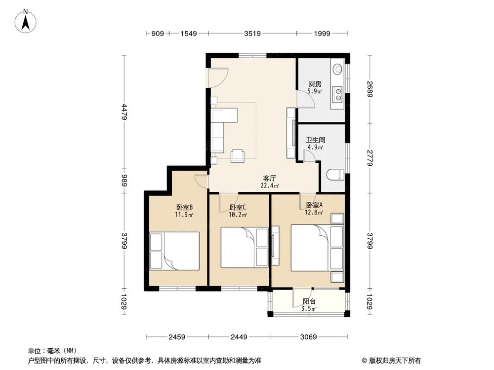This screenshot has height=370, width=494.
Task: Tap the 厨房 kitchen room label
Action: (x=315, y=84)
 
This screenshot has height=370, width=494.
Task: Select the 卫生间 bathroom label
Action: (x=315, y=140)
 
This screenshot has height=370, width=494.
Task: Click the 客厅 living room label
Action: (x=270, y=179)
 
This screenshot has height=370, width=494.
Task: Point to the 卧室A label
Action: (x=314, y=205)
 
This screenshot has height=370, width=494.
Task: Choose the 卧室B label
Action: (x=184, y=208)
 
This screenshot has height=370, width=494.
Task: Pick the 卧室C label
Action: (x=238, y=208)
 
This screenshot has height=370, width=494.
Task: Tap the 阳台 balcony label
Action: (x=309, y=301)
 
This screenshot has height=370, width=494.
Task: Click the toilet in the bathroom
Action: (x=335, y=174)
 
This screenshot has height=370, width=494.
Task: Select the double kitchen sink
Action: (x=337, y=92)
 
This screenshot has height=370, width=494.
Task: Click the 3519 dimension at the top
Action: (x=252, y=34)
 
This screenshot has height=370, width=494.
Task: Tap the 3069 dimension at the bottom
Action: (x=309, y=337)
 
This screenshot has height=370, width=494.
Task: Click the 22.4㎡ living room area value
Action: (x=270, y=186)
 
